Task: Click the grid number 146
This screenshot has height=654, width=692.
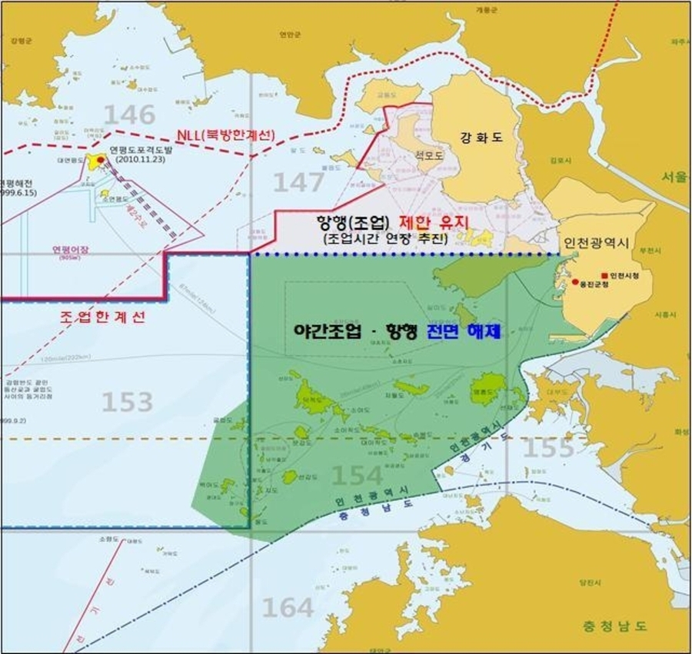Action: click(x=129, y=115)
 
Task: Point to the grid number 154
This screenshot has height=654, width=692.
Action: click(x=357, y=476)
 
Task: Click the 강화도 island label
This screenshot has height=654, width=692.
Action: click(x=481, y=138)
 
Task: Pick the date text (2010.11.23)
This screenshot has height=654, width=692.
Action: click(x=138, y=160)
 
